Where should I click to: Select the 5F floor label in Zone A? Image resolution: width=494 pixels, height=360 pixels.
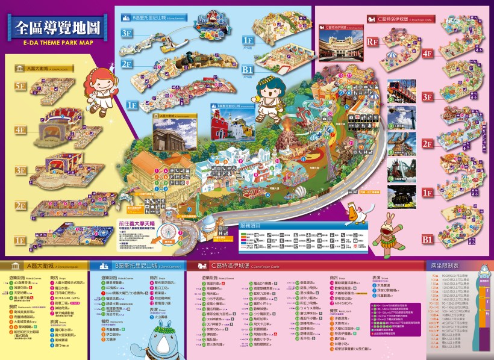click(x=20, y=86)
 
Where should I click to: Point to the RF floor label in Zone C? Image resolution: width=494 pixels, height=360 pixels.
click(x=373, y=42)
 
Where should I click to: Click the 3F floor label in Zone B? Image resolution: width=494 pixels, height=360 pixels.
click(x=127, y=33)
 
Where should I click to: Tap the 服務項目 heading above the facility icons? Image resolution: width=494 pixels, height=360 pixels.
click(x=252, y=225)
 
